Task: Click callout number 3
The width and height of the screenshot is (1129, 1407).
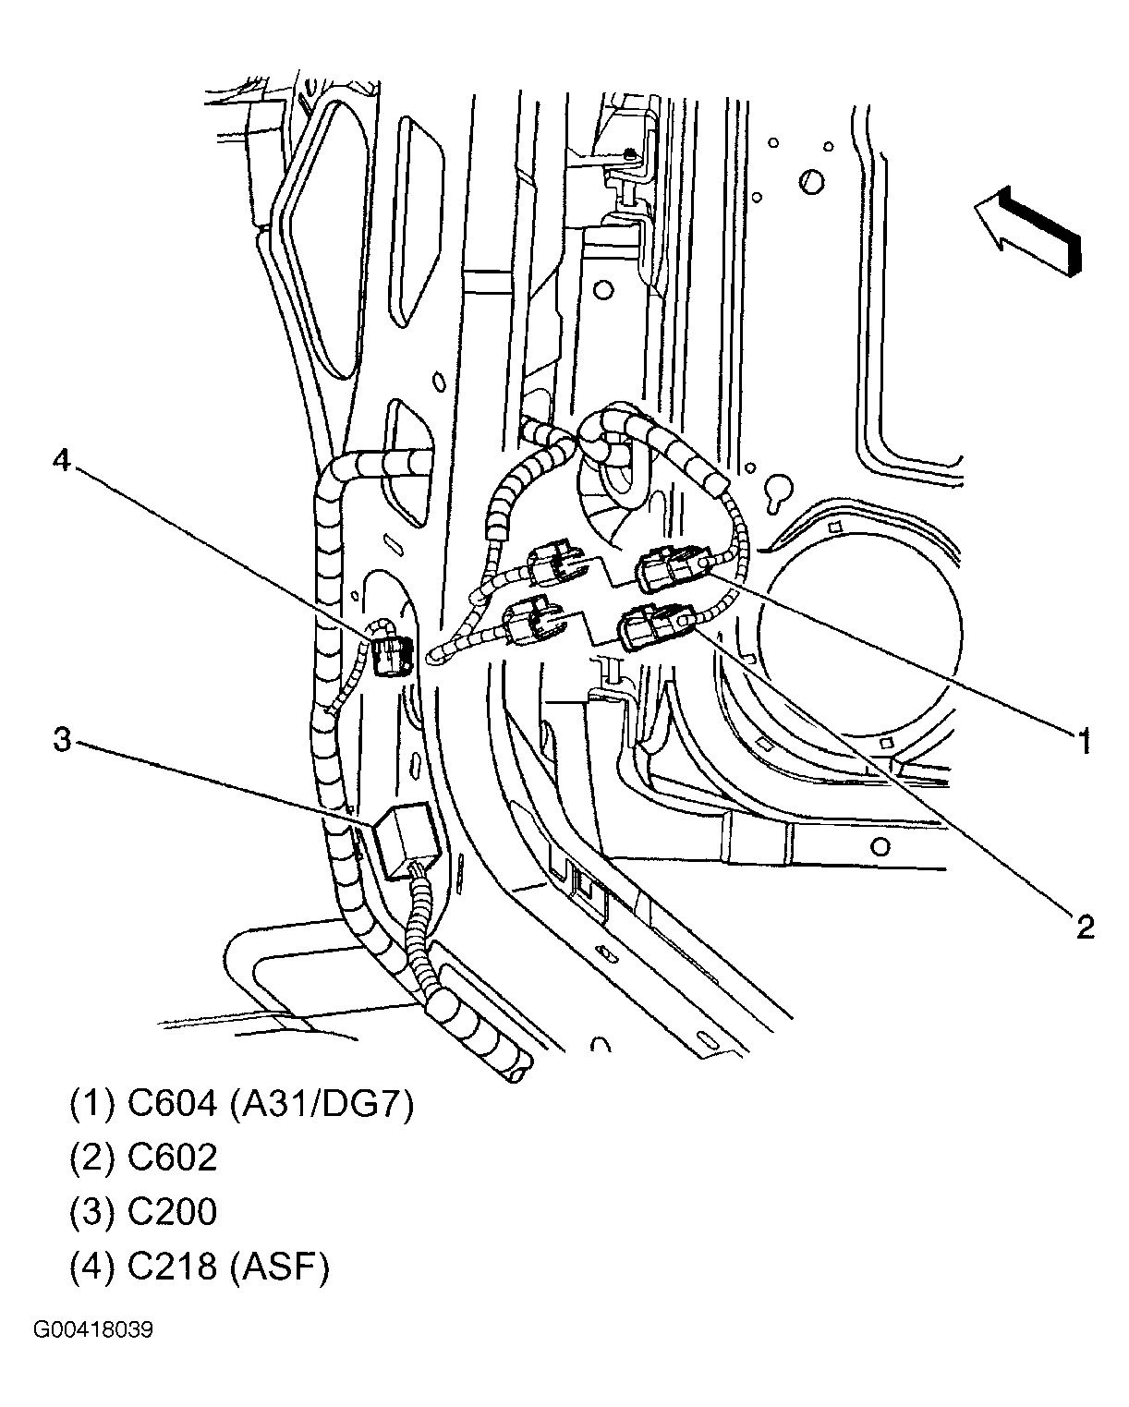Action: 61,739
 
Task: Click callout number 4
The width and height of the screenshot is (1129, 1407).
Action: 61,461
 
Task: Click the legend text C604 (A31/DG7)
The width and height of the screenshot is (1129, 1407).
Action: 241,1104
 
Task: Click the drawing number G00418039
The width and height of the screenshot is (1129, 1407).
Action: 93,1330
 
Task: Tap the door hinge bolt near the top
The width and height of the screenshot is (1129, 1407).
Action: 629,153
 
